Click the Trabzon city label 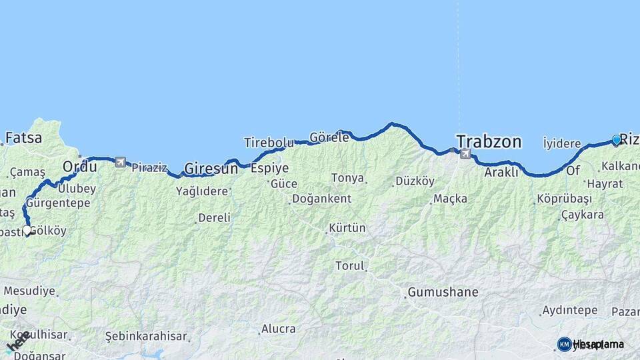(x=488, y=141)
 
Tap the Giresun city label (x=211, y=169)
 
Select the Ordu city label (x=79, y=165)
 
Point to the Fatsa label (x=23, y=139)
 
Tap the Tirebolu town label (x=269, y=143)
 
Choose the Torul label (x=350, y=266)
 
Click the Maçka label (x=451, y=199)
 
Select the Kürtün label (x=347, y=228)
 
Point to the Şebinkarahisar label (x=146, y=336)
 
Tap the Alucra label (x=278, y=328)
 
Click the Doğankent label (x=321, y=199)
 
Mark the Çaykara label (x=582, y=215)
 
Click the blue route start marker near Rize (x=616, y=141)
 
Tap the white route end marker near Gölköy (x=27, y=231)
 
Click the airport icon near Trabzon (x=465, y=154)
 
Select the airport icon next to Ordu (x=121, y=162)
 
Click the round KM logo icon (x=564, y=344)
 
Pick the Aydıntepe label (x=569, y=311)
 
